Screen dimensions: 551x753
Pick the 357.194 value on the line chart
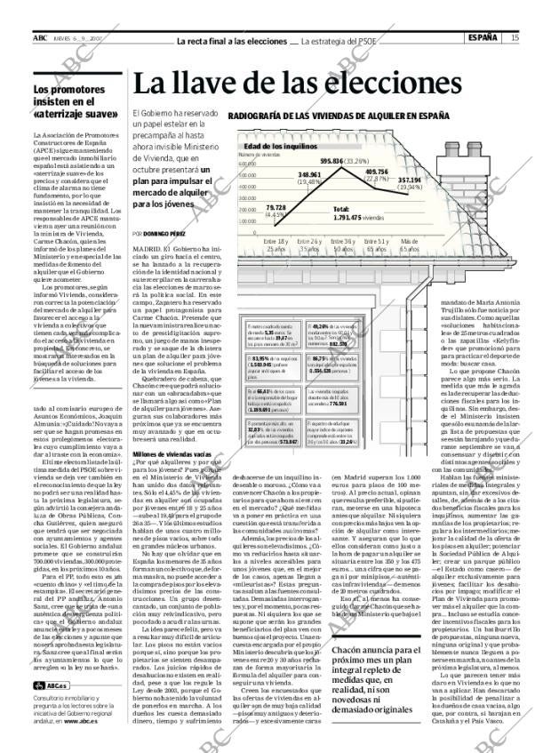coord(410,180)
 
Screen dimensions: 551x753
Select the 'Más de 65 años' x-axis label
coord(409,244)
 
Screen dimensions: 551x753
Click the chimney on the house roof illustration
coord(476,155)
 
